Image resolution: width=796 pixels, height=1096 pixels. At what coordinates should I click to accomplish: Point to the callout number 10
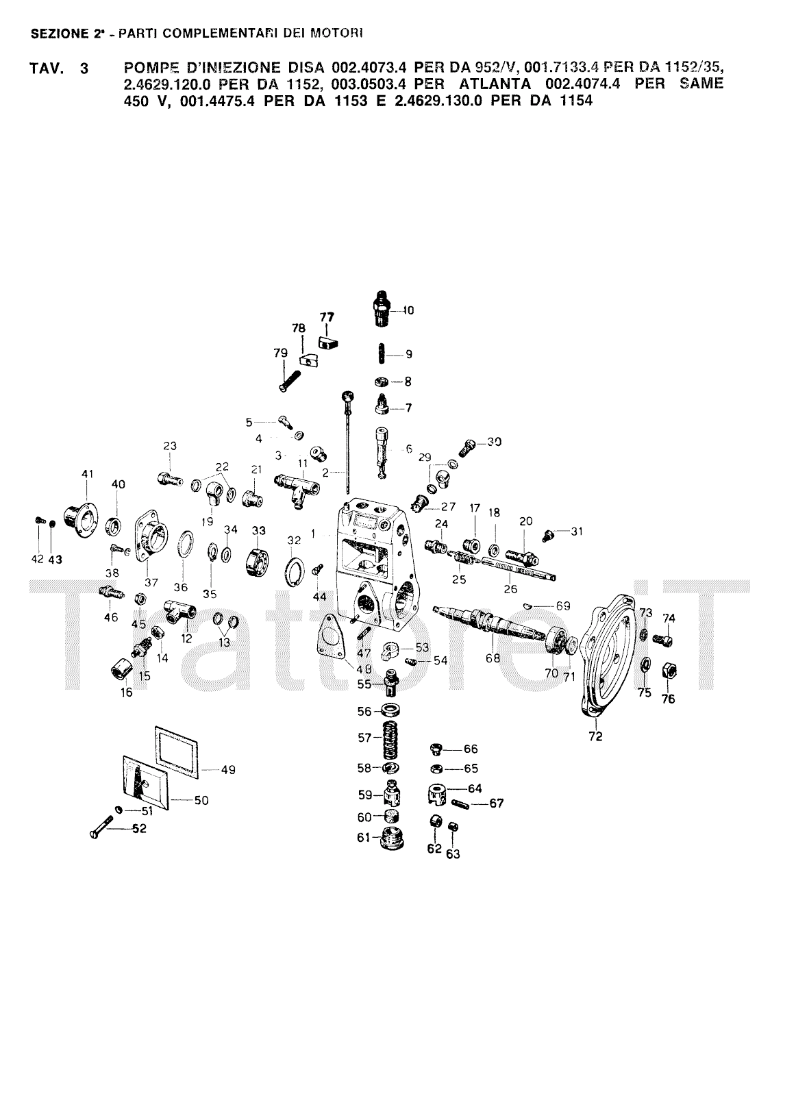click(x=408, y=310)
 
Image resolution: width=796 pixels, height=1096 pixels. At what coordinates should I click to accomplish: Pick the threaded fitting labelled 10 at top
click(x=382, y=309)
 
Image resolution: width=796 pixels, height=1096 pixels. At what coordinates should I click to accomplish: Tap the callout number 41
click(x=87, y=474)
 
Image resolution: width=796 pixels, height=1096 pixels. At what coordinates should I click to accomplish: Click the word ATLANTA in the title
click(x=495, y=84)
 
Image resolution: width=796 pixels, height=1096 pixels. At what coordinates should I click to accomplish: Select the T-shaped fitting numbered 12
click(x=179, y=612)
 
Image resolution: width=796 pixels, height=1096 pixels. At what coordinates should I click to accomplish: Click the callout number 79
click(x=280, y=353)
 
